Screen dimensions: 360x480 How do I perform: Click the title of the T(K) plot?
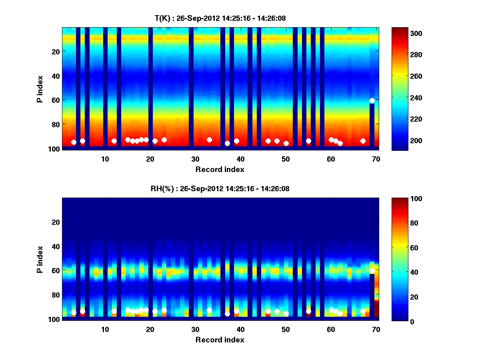click(220, 18)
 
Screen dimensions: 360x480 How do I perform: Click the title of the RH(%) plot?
click(220, 189)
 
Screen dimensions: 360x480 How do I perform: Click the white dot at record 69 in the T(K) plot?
click(372, 100)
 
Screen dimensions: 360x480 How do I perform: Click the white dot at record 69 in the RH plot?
click(372, 271)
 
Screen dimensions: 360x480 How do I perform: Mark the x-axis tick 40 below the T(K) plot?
click(240, 159)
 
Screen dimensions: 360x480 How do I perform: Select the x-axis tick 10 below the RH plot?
click(105, 329)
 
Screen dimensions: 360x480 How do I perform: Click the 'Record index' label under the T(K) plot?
click(220, 169)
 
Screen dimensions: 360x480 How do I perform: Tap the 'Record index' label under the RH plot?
click(220, 340)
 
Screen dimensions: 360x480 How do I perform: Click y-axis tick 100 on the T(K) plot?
click(54, 148)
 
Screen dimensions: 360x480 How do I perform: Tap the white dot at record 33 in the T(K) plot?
click(209, 140)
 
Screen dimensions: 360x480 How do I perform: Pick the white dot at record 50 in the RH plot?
click(286, 314)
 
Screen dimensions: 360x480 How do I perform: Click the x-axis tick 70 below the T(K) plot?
click(376, 159)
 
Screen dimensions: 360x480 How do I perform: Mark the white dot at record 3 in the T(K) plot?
click(74, 142)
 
